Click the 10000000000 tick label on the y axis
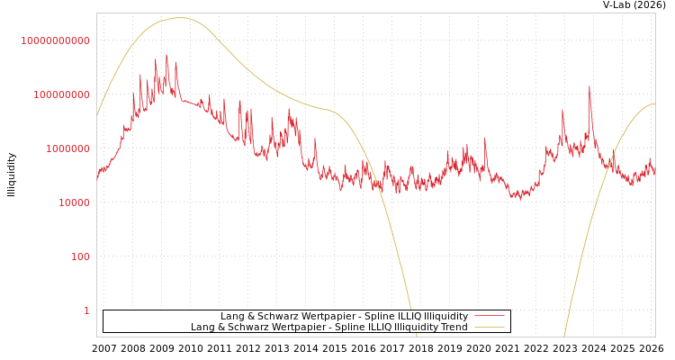(x=56, y=40)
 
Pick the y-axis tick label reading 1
(x=86, y=310)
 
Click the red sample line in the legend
(x=489, y=316)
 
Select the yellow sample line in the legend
(x=489, y=327)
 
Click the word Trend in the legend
(x=454, y=328)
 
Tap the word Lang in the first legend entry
(x=232, y=317)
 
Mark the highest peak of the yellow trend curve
(x=180, y=17)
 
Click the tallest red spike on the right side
(x=589, y=87)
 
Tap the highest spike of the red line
(x=166, y=55)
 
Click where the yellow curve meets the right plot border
(x=654, y=103)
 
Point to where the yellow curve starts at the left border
(x=97, y=115)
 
